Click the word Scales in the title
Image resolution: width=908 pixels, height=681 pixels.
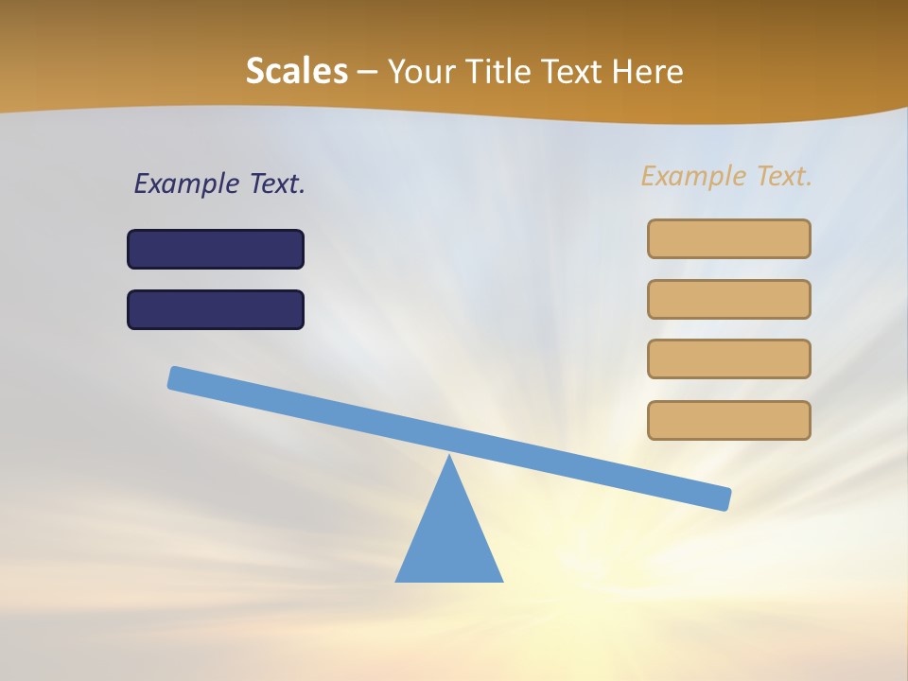pos(296,72)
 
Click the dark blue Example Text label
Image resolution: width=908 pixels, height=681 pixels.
pos(219,183)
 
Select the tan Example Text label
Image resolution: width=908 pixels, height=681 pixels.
pos(726,176)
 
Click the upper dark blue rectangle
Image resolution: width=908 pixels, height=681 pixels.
pos(216,249)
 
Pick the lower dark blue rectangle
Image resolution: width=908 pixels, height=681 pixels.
pos(216,309)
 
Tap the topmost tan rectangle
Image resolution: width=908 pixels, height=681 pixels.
pos(728,238)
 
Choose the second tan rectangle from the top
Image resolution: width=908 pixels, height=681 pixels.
pos(728,299)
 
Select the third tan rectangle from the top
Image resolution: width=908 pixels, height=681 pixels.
pos(728,358)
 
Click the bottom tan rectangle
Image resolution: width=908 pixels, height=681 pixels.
pos(728,420)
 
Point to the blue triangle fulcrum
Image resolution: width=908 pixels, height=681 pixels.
pos(449,539)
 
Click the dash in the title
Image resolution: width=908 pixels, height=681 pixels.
pos(367,72)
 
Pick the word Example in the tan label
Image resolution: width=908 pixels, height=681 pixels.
pos(693,176)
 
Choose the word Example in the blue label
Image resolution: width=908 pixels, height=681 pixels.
pos(186,183)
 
